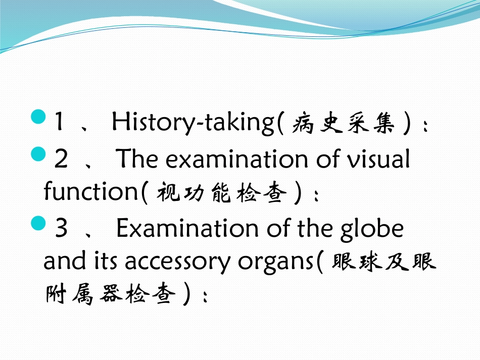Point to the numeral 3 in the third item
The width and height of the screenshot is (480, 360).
tap(61, 229)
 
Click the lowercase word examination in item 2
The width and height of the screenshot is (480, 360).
tap(237, 160)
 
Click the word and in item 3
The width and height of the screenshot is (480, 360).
tap(61, 261)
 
